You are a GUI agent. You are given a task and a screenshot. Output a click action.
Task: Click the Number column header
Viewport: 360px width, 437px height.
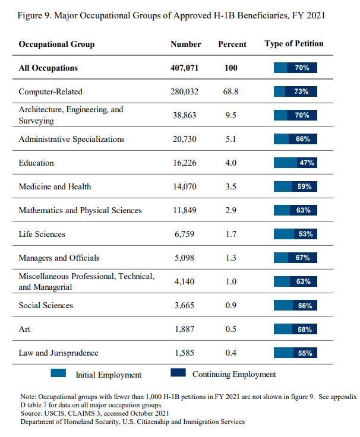click(x=185, y=44)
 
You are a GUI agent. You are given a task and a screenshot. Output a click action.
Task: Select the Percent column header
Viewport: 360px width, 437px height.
click(x=232, y=44)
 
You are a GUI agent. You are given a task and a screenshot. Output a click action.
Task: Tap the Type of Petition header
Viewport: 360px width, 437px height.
click(x=293, y=44)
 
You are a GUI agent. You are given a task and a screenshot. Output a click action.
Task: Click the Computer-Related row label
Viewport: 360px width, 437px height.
click(x=50, y=91)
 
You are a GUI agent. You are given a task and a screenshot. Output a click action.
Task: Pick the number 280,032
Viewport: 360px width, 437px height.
click(x=185, y=91)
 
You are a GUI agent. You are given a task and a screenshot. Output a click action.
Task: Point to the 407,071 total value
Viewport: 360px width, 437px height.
click(x=184, y=68)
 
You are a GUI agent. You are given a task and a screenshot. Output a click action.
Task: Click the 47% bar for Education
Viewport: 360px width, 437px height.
click(x=295, y=163)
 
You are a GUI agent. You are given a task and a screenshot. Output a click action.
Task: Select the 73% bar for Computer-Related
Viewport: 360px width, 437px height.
click(x=295, y=91)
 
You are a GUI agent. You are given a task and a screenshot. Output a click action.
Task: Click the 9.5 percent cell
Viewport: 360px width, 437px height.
click(x=230, y=115)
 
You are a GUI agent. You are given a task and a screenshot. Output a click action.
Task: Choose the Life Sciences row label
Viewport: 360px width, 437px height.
click(x=42, y=234)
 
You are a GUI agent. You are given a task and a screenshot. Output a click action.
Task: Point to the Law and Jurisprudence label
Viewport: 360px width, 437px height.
click(x=59, y=353)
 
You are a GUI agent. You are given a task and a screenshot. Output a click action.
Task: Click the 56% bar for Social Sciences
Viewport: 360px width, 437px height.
click(x=295, y=305)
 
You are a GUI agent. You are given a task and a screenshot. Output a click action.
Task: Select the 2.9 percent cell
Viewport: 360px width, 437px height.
click(x=230, y=210)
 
